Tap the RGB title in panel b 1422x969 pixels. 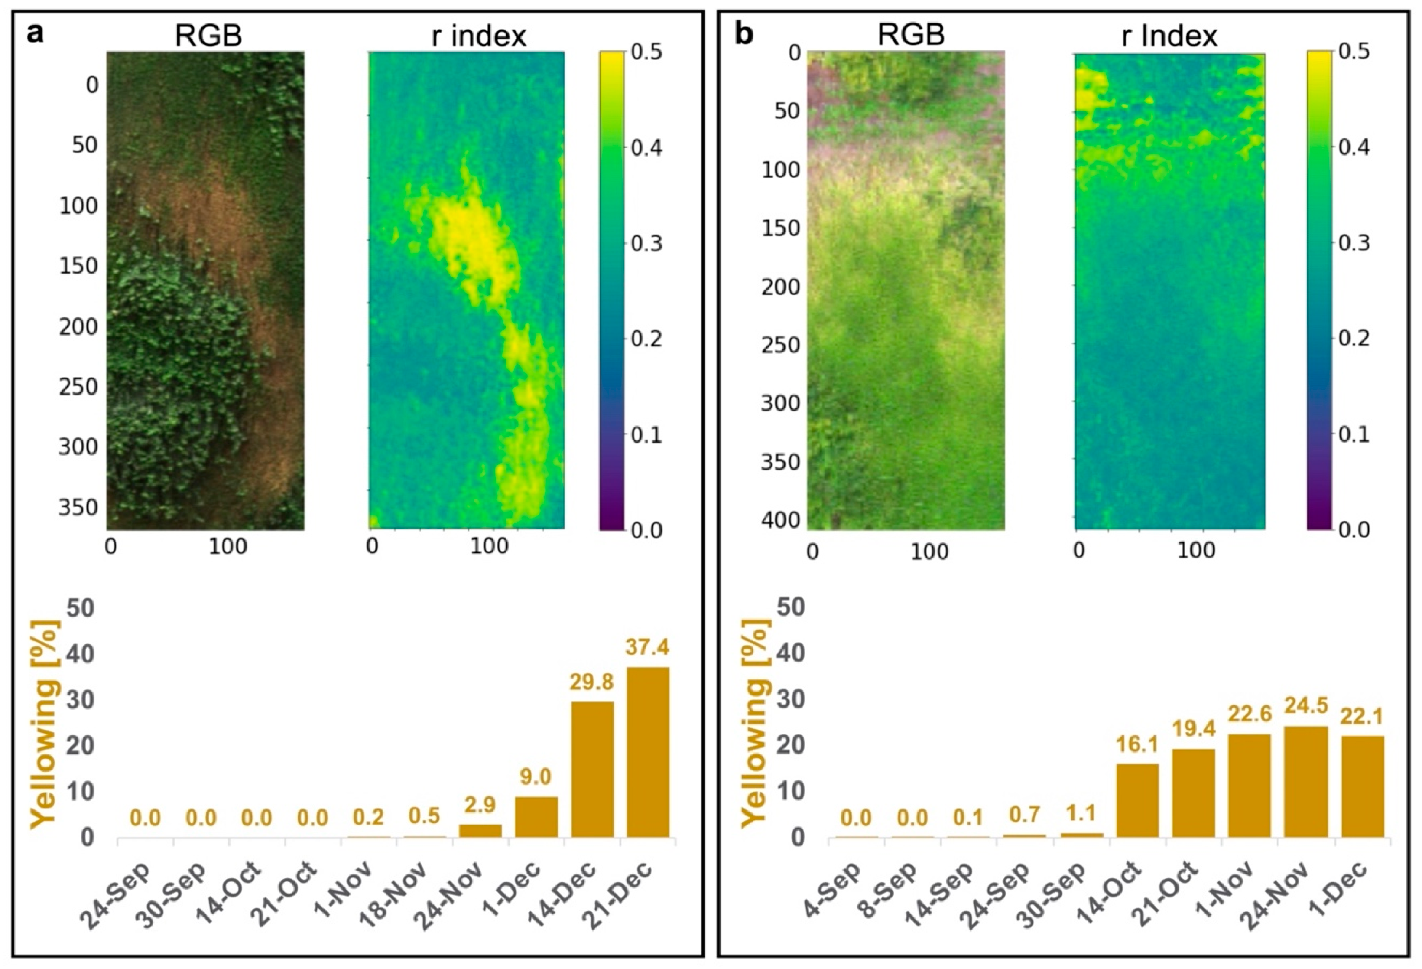(911, 35)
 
